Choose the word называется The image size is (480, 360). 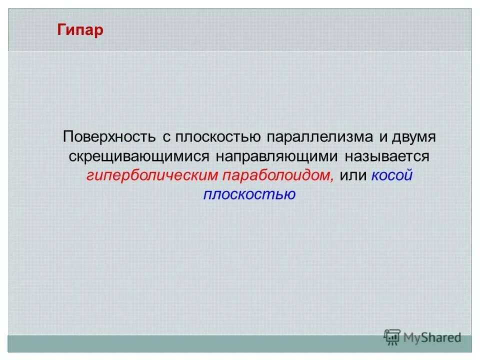point(386,156)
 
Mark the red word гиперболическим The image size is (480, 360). point(151,175)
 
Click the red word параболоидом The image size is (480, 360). point(276,175)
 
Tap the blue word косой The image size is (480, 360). point(392,175)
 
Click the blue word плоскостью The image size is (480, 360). point(249,194)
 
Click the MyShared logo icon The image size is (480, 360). point(392,337)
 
